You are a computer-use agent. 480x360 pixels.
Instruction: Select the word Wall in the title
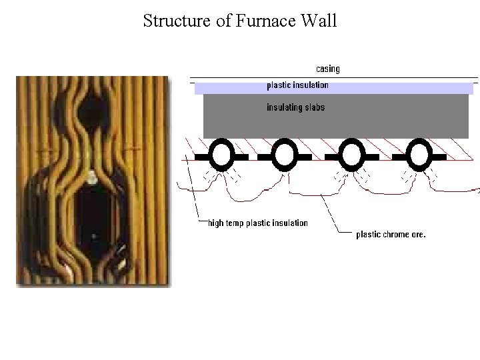(319, 21)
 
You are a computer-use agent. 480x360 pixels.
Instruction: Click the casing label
(327, 69)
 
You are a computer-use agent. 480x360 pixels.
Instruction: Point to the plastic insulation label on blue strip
(297, 85)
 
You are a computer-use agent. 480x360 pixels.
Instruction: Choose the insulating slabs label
(295, 107)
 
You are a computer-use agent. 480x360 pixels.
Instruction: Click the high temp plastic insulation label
(258, 223)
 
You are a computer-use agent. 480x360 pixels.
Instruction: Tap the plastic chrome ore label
(391, 234)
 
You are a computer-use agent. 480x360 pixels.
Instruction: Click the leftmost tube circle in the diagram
(221, 156)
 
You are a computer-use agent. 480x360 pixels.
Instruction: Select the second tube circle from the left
(285, 156)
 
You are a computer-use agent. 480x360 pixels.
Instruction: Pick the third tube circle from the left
(351, 156)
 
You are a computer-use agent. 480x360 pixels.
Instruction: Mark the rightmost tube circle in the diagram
(419, 156)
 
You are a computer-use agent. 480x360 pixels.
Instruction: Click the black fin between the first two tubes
(253, 157)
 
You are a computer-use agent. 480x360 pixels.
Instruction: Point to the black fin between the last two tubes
(385, 157)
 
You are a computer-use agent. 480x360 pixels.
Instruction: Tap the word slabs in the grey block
(313, 107)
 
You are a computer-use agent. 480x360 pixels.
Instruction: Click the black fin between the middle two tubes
(318, 157)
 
